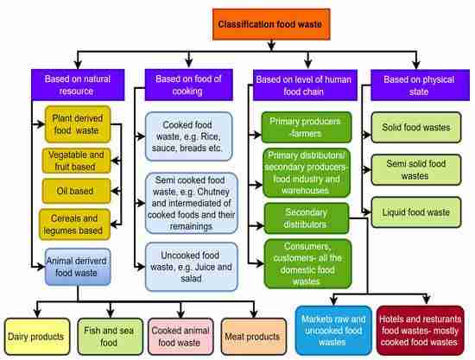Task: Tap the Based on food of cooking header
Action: click(188, 84)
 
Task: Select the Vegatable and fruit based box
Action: click(79, 159)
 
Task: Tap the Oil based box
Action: click(78, 188)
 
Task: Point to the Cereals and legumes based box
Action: click(78, 224)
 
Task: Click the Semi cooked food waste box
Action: click(188, 201)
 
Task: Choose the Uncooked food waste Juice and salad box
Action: click(188, 262)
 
